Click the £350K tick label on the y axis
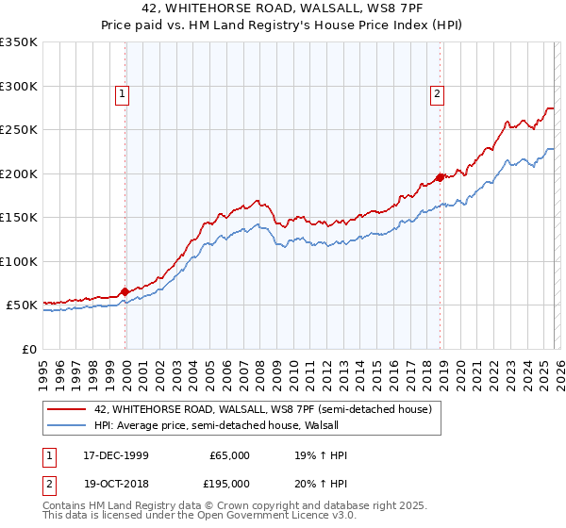click(x=19, y=42)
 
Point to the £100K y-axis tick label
click(x=19, y=261)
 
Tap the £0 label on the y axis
click(x=28, y=349)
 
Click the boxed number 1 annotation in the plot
click(x=125, y=93)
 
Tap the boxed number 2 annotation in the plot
click(x=439, y=93)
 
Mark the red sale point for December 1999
click(x=125, y=292)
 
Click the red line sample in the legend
click(x=66, y=409)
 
